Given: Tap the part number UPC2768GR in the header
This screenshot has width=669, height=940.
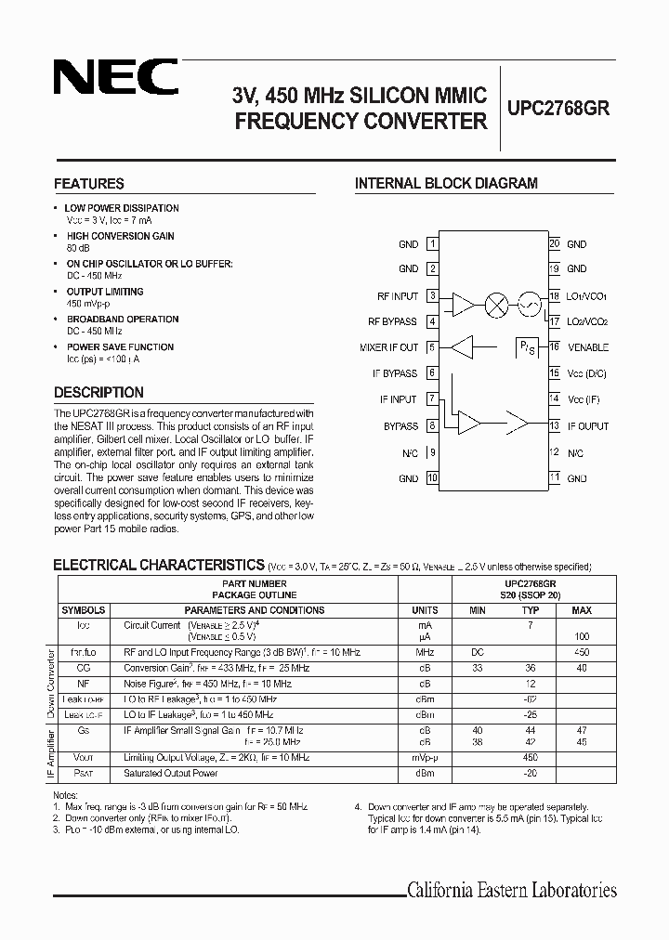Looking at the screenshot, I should coord(557,107).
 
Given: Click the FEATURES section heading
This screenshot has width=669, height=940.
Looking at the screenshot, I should coord(89,184).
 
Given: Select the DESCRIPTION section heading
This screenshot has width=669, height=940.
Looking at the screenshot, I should coord(98,393).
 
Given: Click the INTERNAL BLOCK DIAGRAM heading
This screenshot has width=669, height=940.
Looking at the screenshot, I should coord(446,184).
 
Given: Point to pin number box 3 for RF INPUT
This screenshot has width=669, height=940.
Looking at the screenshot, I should coord(432,296).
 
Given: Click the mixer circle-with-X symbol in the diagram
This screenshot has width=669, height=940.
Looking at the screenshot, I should coord(497,303).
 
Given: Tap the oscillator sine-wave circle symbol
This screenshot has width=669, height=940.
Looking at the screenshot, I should coord(528,303).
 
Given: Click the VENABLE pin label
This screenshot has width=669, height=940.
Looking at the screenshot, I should coord(587,347).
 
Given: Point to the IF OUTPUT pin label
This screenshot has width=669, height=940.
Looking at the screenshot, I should coord(587,426).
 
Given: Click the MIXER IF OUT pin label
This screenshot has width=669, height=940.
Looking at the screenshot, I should coord(389,347).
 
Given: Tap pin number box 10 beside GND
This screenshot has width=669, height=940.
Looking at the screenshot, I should coord(432,478).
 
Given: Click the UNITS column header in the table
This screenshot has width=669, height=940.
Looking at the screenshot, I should coord(424,610).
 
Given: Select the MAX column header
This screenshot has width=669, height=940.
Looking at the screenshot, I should coord(582,610).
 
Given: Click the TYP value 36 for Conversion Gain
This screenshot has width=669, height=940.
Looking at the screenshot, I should coord(531,668).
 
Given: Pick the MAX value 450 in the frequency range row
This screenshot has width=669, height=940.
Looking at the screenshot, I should coord(582,654).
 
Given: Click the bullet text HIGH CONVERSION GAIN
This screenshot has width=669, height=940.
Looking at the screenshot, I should coord(121,237).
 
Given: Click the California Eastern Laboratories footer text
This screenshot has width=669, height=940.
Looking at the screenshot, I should coord(512,891).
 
